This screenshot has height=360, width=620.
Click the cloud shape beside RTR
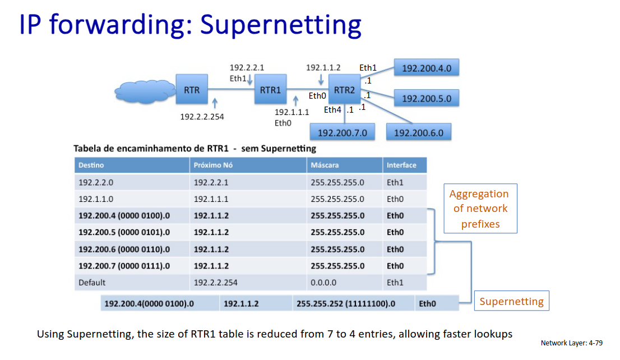(x=145, y=92)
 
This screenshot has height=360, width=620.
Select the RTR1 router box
(x=270, y=89)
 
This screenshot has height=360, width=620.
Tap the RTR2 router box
(x=344, y=89)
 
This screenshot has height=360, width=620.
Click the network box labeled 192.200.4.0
(x=427, y=68)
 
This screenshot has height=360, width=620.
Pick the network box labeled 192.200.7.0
(x=343, y=132)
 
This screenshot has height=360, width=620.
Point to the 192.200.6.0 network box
(x=419, y=132)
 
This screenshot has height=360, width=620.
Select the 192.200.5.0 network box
(x=427, y=98)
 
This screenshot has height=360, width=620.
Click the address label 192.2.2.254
(x=202, y=117)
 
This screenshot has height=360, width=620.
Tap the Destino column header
(x=132, y=165)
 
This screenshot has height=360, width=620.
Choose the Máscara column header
(x=344, y=165)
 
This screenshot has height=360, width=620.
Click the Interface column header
(x=405, y=165)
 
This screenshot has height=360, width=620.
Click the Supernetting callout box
(x=512, y=301)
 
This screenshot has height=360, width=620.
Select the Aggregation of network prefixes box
(x=480, y=209)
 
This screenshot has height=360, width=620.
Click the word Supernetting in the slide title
(x=281, y=25)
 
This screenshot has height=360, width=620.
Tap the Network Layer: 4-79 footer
(x=572, y=343)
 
